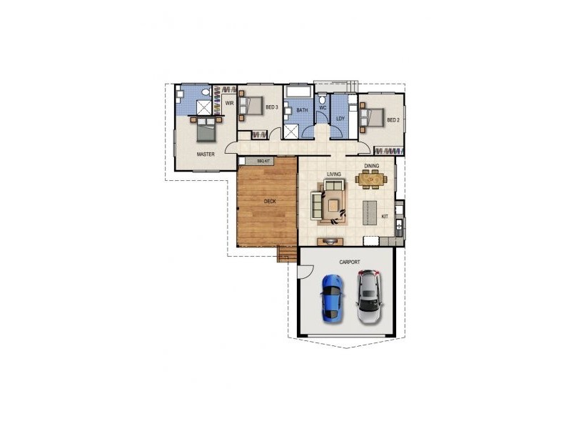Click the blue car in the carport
click(x=331, y=296)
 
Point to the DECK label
click(x=270, y=202)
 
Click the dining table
click(x=370, y=179)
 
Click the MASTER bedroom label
click(x=206, y=154)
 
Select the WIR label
click(x=229, y=103)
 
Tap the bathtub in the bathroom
click(x=298, y=93)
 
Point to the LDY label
click(x=340, y=119)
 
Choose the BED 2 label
click(x=393, y=120)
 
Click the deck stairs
click(x=287, y=254)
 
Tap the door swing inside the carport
click(x=304, y=272)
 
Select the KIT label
click(x=384, y=216)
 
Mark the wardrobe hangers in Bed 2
click(x=388, y=151)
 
